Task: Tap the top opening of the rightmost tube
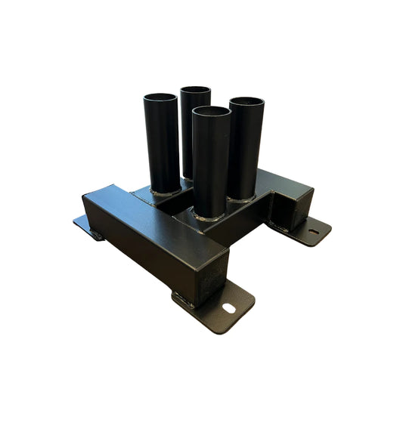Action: point(246,102)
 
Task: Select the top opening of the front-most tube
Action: point(211,113)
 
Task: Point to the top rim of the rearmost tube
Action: point(195,90)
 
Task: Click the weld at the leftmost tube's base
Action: point(164,193)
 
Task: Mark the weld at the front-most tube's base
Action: point(211,218)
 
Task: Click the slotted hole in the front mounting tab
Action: point(228,307)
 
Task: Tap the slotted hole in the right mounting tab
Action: point(312,230)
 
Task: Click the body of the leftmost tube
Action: point(163,144)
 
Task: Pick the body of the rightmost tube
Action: point(246,151)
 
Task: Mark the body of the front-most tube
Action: point(211,166)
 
